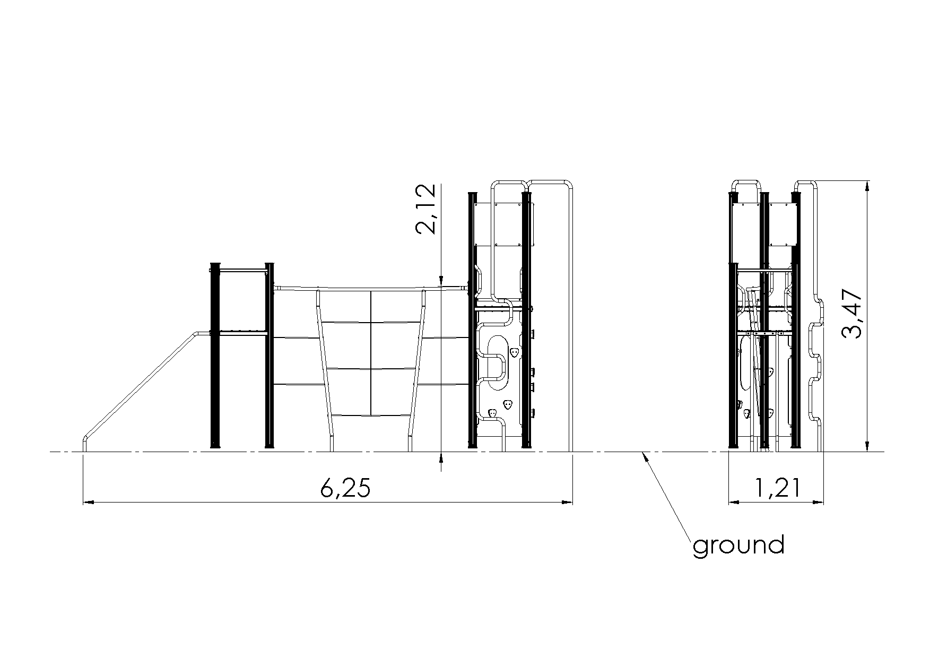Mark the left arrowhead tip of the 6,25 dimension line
coord(83,501)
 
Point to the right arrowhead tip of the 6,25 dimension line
coord(573,501)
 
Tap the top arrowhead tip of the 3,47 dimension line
coord(867,181)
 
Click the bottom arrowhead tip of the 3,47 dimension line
coord(867,452)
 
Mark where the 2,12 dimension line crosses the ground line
coord(441,452)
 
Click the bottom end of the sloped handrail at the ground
coord(84,451)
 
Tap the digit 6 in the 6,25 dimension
coord(328,489)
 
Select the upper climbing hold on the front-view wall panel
coord(514,352)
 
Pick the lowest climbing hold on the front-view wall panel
coord(492,413)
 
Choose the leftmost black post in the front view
coord(215,356)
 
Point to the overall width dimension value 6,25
coord(345,489)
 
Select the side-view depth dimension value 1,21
coord(776,489)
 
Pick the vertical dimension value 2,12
coord(425,209)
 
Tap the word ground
coord(738,546)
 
